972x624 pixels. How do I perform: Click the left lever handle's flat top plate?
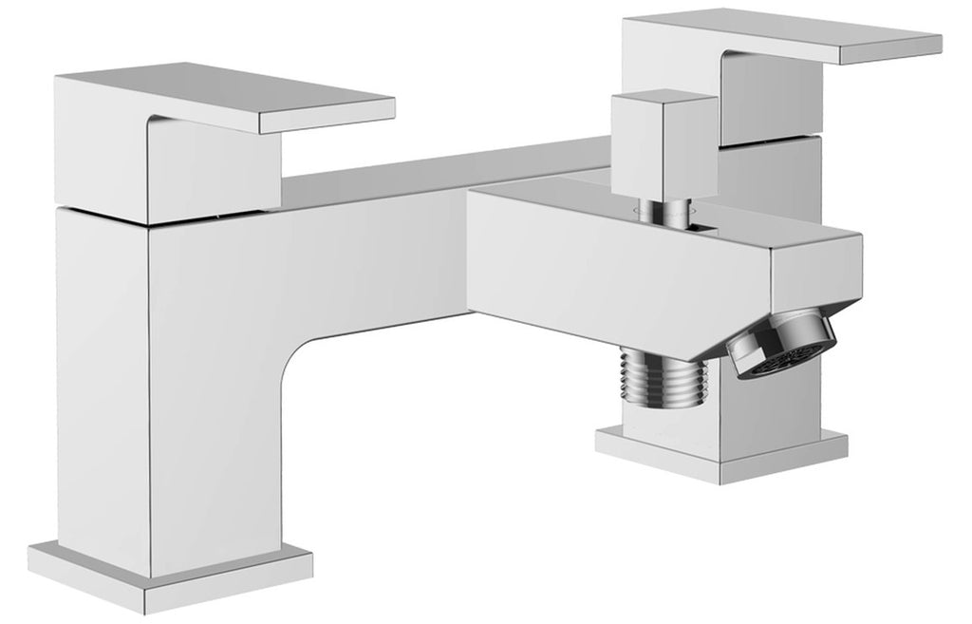(228, 95)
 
